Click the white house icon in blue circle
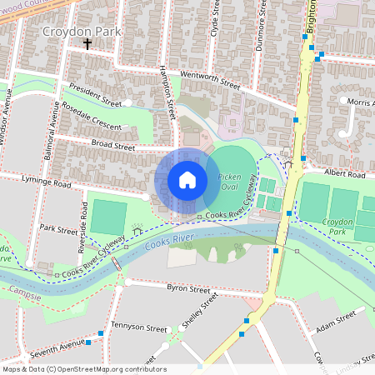click(187, 180)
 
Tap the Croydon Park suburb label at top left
click(82, 32)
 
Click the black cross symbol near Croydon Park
click(87, 45)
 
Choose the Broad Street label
click(113, 146)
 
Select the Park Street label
click(58, 228)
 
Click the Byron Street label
click(188, 289)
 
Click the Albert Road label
click(345, 175)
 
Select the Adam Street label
click(337, 317)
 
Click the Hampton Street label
click(168, 92)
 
